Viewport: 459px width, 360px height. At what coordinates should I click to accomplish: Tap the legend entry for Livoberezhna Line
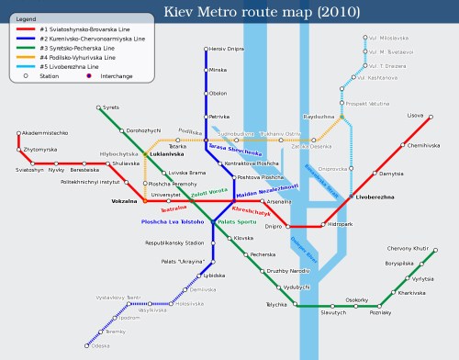[73, 66]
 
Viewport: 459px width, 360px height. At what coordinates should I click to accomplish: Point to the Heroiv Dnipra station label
[225, 48]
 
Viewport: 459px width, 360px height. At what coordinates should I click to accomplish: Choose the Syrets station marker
[97, 108]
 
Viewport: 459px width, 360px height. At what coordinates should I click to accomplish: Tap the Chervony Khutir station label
[408, 248]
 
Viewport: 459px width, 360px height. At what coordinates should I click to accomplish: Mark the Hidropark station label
[339, 224]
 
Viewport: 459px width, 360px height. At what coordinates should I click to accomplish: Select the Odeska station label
[101, 345]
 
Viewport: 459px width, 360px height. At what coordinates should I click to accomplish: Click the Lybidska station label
[214, 275]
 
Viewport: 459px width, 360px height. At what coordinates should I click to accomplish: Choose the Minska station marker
[206, 70]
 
